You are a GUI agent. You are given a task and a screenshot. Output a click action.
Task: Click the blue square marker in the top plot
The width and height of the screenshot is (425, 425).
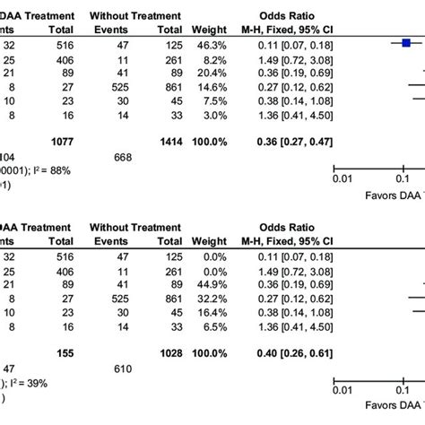tap(405, 42)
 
